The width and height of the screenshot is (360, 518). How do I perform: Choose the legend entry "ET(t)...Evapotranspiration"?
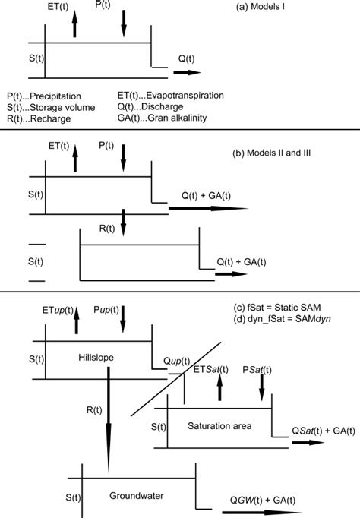pos(170,96)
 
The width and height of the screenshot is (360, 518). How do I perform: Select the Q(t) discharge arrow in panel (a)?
pos(187,74)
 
